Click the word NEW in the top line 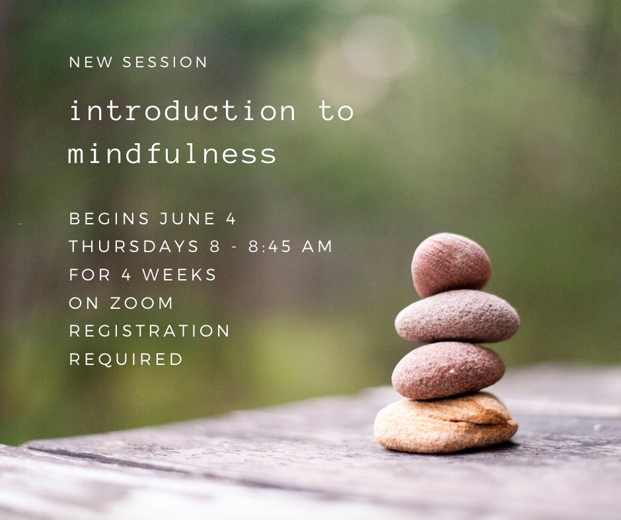[91, 62]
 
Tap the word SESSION [164, 62]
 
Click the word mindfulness [172, 152]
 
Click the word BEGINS [109, 218]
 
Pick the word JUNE [188, 218]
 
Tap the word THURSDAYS [134, 246]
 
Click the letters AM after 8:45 [317, 246]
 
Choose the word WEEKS [180, 275]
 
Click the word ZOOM [141, 303]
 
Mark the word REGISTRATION [149, 331]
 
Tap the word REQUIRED [126, 360]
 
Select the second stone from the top [457, 316]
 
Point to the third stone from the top [449, 370]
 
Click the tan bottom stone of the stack [445, 422]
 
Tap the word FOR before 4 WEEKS [90, 275]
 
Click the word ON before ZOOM [84, 303]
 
